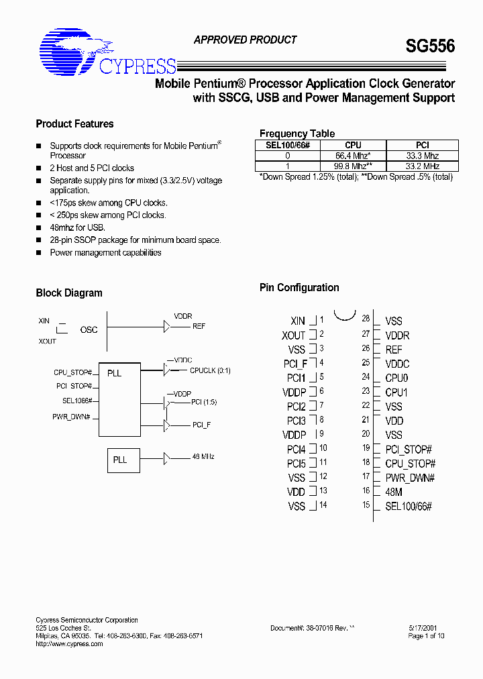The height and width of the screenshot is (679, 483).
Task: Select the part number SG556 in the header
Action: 430,46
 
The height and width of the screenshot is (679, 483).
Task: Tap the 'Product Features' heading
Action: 74,124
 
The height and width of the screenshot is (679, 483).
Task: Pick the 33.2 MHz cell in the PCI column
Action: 423,166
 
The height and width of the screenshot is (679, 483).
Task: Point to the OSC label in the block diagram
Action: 89,329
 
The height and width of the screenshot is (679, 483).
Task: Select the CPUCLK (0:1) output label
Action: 210,370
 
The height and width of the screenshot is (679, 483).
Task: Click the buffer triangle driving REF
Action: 167,326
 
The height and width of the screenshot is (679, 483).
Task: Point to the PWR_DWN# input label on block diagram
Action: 72,417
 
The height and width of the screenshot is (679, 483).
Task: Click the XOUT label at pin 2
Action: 293,335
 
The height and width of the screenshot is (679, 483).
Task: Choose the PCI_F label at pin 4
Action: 295,364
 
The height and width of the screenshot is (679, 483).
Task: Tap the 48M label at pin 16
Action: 394,492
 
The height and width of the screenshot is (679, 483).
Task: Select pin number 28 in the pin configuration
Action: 366,319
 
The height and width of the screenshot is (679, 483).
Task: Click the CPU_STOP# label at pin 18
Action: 410,464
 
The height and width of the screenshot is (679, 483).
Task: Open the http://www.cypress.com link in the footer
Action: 69,644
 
